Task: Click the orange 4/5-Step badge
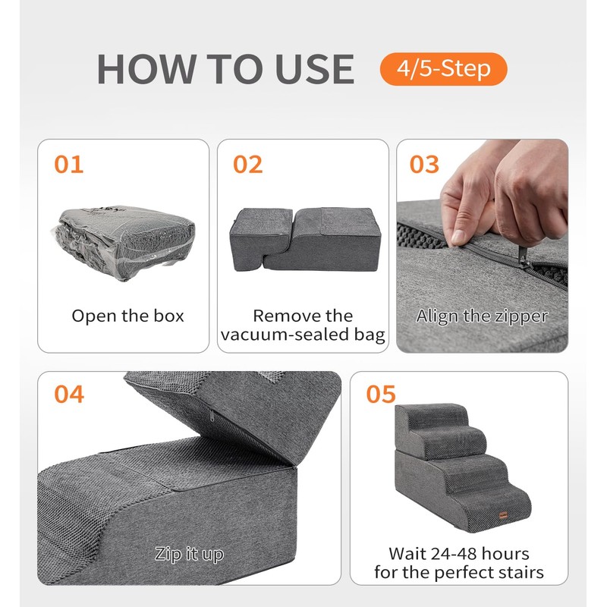coord(443,69)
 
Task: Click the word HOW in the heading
coord(146,69)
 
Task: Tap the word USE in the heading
coord(316,69)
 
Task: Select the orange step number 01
coord(68,164)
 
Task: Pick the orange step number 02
coord(248,164)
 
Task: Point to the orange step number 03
coord(424,164)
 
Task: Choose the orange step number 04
coord(69,394)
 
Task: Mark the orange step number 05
coord(381,394)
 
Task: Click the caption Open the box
coord(127,316)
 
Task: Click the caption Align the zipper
coord(482,316)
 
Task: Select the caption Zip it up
coord(189,554)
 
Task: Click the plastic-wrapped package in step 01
coord(123,242)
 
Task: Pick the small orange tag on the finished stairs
coord(503,514)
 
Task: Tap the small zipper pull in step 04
coord(212,417)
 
